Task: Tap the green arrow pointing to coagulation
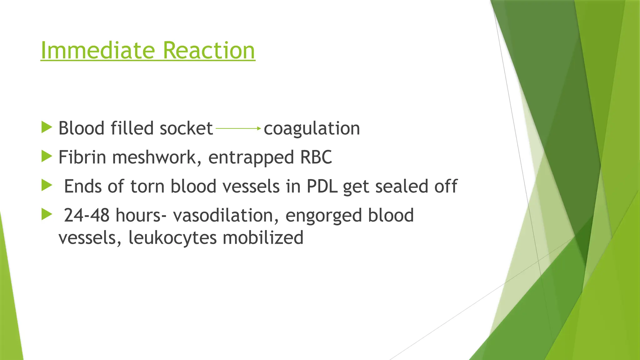[238, 128]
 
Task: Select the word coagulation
[312, 128]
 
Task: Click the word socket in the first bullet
[186, 128]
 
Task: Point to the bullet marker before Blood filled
[47, 127]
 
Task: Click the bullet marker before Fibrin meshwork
[47, 156]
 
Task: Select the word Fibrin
[82, 157]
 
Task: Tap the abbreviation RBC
[316, 157]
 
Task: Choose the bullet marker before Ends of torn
[47, 185]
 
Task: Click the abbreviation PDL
[322, 187]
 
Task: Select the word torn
[147, 187]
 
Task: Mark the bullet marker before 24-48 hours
[47, 214]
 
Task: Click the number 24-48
[87, 216]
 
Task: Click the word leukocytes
[172, 238]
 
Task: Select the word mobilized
[263, 238]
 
